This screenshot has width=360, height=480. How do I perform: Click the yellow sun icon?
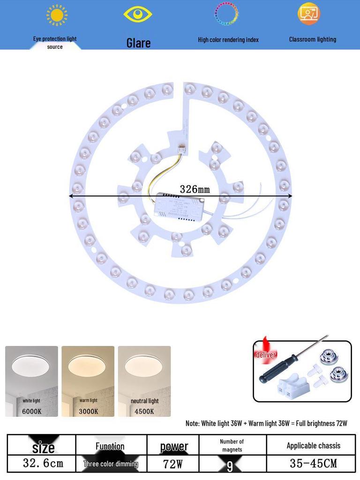pos(57,15)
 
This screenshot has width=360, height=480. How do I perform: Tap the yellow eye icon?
pos(138,14)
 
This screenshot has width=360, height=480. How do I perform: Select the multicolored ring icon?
pos(226,14)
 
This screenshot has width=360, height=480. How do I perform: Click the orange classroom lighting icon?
pos(308,14)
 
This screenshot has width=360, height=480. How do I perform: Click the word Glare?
pos(138,43)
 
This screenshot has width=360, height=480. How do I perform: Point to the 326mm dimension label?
pos(195,189)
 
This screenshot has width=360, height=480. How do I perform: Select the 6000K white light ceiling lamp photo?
pos(31,381)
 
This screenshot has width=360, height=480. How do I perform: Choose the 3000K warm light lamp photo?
pos(88,381)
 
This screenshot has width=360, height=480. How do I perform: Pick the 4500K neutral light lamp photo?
pos(144,381)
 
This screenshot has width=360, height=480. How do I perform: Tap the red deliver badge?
pos(265,354)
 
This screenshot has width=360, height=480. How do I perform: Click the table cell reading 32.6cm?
pos(43,464)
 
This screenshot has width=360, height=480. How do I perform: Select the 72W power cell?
pos(172,464)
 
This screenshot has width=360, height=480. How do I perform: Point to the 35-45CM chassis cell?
pos(313,464)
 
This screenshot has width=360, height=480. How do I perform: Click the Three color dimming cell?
pos(111,464)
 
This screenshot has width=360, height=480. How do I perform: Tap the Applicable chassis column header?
pos(313,445)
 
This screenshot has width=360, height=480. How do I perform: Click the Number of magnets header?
pos(232,445)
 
